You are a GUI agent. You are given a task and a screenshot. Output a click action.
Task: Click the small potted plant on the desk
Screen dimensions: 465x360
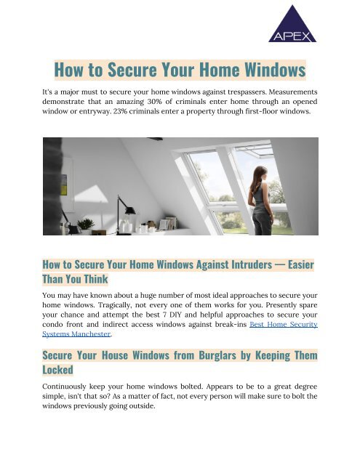point(85,225)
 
